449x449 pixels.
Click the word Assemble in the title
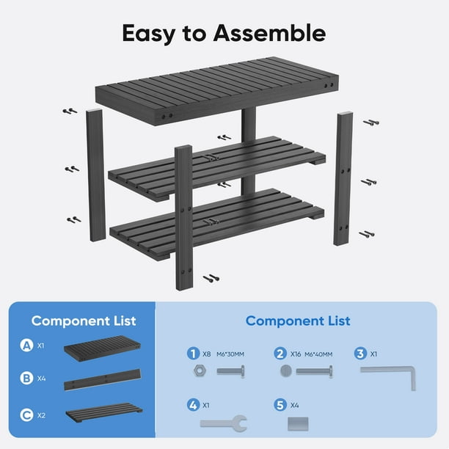[x=269, y=33]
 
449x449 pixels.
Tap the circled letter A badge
[x=26, y=345]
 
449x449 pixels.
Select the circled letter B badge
[x=26, y=378]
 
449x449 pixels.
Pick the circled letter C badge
[x=26, y=415]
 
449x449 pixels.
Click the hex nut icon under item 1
[x=200, y=371]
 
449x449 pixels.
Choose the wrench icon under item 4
[x=224, y=423]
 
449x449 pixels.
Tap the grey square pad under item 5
[x=298, y=424]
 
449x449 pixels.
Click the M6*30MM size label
[x=230, y=354]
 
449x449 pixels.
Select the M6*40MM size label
[x=318, y=354]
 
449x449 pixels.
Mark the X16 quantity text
[x=296, y=354]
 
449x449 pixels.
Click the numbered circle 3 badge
[x=360, y=354]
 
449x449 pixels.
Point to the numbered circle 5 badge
[x=280, y=405]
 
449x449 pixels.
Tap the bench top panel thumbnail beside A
[x=102, y=348]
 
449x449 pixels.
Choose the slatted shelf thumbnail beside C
[x=104, y=412]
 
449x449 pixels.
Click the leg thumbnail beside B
[x=103, y=380]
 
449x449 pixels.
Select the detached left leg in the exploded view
[x=96, y=175]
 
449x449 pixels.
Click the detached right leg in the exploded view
[x=343, y=179]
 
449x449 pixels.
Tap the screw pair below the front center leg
[x=211, y=278]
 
